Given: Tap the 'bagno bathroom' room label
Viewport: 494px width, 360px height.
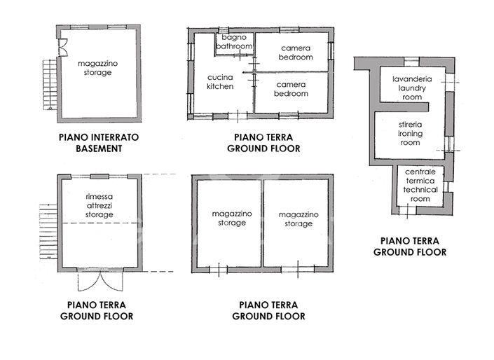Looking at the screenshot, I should point(233,41).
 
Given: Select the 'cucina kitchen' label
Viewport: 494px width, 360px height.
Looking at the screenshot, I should point(219,82).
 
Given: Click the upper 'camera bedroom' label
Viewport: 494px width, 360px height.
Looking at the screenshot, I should point(294,53).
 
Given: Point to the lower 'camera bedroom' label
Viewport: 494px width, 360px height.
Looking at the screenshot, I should point(291,89).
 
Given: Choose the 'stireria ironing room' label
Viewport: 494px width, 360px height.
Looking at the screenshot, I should point(410,133).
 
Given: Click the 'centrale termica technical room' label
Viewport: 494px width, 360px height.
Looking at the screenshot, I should point(420,185).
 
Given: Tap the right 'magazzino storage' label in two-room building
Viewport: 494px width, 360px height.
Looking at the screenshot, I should point(298,219).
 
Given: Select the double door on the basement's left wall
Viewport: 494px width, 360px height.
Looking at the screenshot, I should point(62,47).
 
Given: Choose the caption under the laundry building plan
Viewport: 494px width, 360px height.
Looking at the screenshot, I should point(409,246).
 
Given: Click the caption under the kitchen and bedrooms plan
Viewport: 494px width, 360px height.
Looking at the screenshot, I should point(263,143).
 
